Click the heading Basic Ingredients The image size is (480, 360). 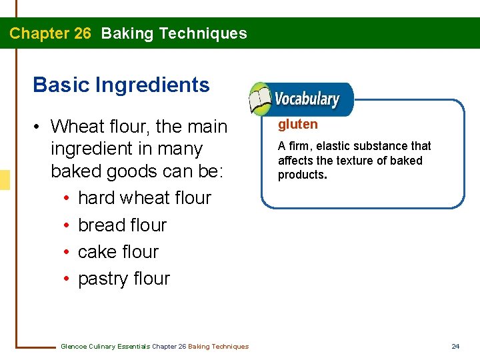pos(121,85)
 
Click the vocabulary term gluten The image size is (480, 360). pos(297,124)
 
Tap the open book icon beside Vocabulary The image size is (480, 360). pos(259,100)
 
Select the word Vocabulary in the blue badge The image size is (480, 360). pos(307,100)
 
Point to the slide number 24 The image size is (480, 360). pos(455,346)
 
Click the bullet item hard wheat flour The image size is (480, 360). pos(144,198)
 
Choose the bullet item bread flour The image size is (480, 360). pos(122,225)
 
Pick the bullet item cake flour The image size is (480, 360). pos(118,252)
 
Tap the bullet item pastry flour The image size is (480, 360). pos(124,279)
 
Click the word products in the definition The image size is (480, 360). pos(301,175)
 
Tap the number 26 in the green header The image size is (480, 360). pos(83,33)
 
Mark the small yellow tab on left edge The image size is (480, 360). pos(5,179)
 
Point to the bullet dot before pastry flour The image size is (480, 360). pos(68,279)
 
